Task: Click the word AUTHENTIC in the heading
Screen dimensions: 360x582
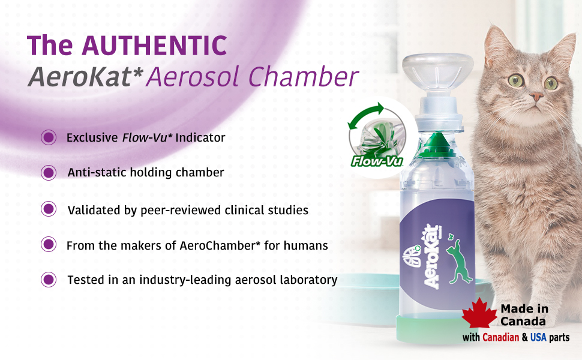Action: [154, 46]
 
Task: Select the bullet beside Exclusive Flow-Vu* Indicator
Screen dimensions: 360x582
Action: [49, 137]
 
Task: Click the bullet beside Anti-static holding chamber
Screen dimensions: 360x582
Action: [49, 173]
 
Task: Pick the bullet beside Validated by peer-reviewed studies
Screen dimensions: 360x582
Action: [49, 209]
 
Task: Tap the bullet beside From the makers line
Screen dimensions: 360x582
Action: [49, 245]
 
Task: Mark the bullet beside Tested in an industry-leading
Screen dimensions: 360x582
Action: [49, 280]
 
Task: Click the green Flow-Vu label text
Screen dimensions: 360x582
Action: [377, 161]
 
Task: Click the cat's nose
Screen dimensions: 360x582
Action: [536, 97]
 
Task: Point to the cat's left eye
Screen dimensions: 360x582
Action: [550, 83]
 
